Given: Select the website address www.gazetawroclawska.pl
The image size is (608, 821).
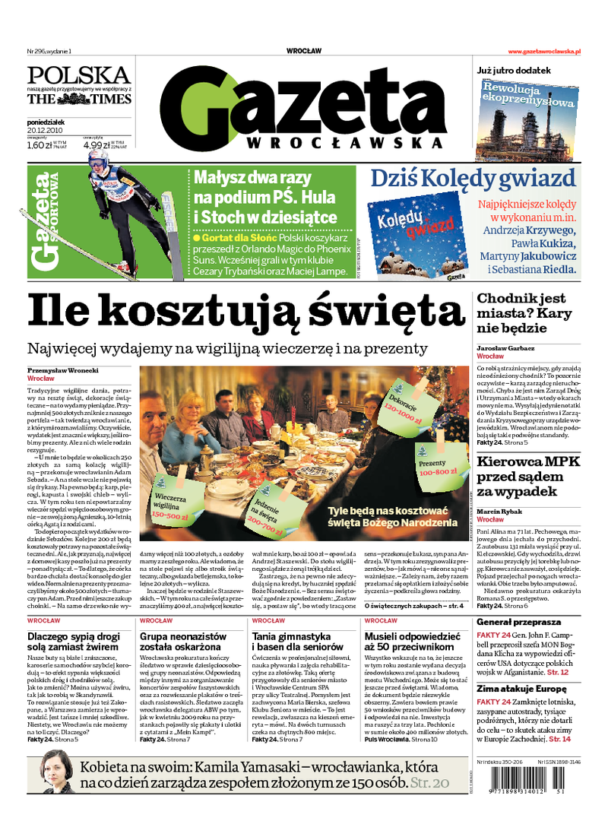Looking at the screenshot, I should click(x=543, y=51).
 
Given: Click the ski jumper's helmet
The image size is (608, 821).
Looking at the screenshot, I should click(x=97, y=160).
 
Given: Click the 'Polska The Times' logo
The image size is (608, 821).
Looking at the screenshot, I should click(x=79, y=85).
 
